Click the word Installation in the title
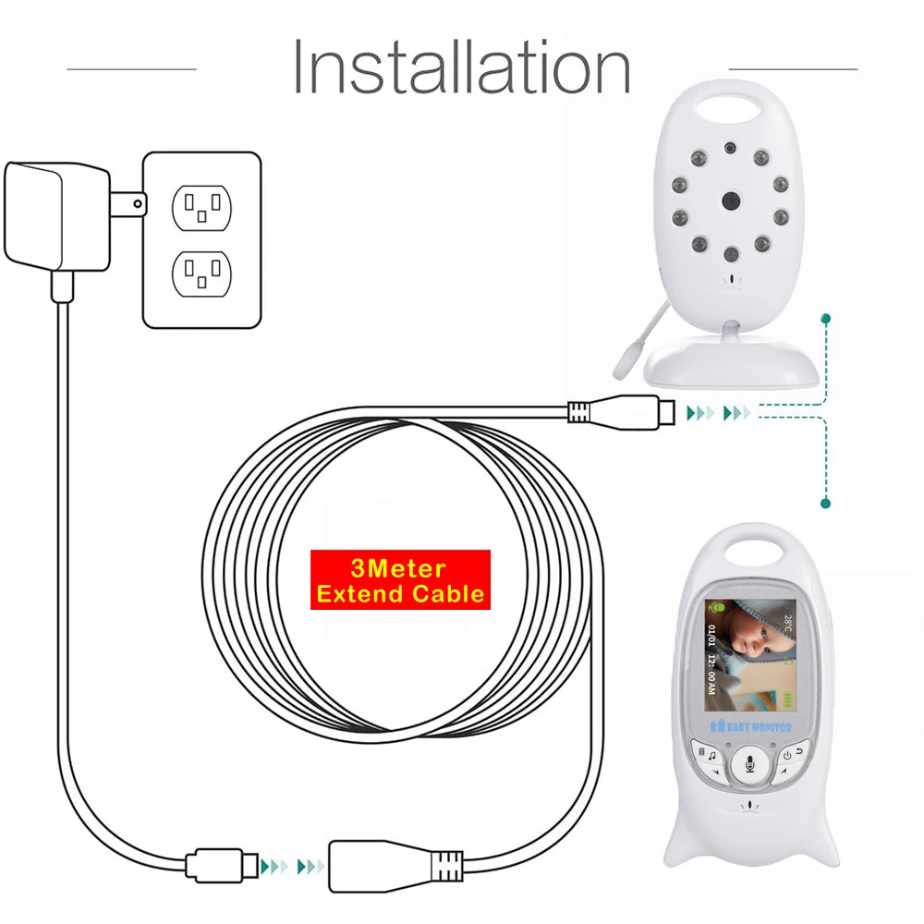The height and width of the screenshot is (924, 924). click(461, 66)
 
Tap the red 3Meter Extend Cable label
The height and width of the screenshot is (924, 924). click(400, 581)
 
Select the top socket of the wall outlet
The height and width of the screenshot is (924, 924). click(201, 208)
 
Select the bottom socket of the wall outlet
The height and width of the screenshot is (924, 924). click(201, 274)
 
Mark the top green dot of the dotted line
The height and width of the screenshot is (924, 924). click(825, 319)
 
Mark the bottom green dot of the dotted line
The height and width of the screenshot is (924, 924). click(825, 504)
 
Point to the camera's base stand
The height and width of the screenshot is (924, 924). click(730, 362)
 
